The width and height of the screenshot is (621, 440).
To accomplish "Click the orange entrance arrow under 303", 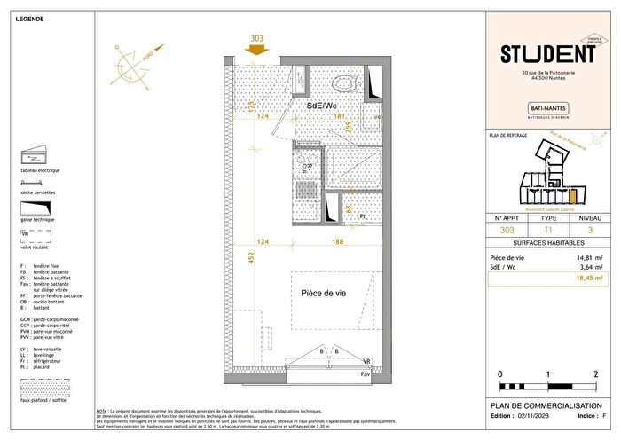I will (258, 51).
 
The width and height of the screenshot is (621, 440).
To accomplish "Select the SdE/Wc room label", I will (322, 106).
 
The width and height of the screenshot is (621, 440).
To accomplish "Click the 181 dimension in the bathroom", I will (338, 116).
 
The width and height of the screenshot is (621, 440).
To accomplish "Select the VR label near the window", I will (366, 361).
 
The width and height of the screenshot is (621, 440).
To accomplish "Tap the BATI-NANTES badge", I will (544, 108).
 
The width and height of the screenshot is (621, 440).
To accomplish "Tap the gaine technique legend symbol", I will (36, 209).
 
